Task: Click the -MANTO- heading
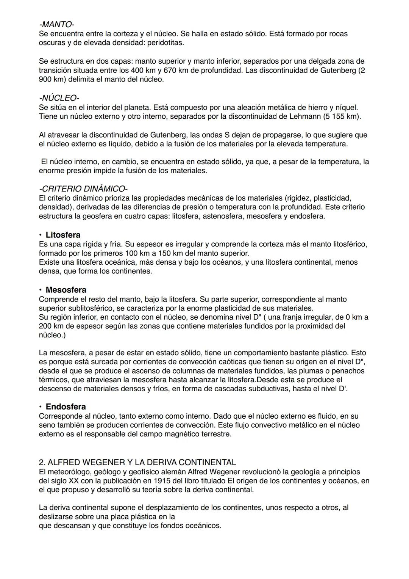(x=56, y=25)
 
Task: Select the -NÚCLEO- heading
(x=59, y=98)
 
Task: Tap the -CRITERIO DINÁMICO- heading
(x=83, y=188)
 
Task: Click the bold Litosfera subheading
(x=63, y=235)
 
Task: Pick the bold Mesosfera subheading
(x=66, y=290)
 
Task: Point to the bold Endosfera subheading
(x=66, y=407)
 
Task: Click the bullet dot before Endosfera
(x=40, y=407)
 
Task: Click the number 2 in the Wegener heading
(x=41, y=463)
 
